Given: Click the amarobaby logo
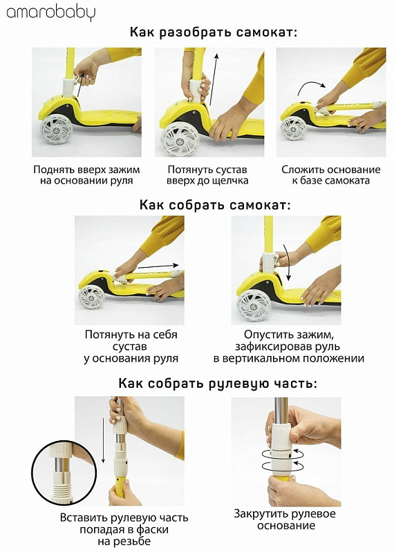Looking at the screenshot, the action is click(50, 12).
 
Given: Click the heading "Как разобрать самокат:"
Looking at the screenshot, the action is click(214, 32).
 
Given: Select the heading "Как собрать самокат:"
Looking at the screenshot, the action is click(215, 204).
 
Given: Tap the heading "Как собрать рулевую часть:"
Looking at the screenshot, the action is click(218, 383).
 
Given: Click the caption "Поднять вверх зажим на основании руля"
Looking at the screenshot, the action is click(86, 175).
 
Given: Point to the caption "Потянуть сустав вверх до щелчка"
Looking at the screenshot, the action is click(207, 175).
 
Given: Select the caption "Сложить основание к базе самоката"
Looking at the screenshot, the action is click(331, 175).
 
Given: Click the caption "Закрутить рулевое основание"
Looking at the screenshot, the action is click(285, 520).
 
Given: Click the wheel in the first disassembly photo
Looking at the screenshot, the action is click(56, 129).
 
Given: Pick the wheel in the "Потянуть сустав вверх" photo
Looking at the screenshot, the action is click(180, 139).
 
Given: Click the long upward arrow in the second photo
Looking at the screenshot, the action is click(214, 79).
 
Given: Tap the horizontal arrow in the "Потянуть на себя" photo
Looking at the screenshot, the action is click(158, 266).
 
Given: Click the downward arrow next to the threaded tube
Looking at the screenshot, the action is click(103, 441).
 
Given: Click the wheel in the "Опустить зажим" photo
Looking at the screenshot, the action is click(253, 305).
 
